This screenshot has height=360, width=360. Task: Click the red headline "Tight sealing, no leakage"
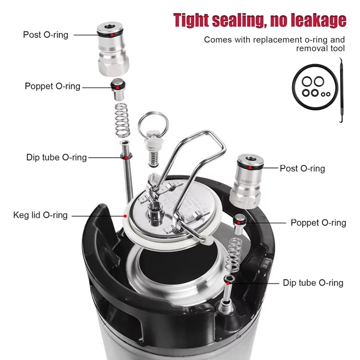coord(260,20)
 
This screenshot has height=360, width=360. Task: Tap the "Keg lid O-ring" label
coord(40,215)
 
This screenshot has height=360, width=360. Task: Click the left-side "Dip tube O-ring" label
coord(57,157)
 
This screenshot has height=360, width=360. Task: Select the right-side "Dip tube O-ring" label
coord(313,283)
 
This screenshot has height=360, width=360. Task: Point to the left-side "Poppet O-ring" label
coord(53,86)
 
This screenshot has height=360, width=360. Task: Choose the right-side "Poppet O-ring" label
coord(319,223)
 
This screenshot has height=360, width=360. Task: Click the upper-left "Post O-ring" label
coord(46,35)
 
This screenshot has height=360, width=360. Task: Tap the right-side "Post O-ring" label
coord(302,168)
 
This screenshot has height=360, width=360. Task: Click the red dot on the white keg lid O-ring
coord(125,216)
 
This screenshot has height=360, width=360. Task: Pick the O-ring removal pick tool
coord(341,90)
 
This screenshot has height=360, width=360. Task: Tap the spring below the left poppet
coord(122,121)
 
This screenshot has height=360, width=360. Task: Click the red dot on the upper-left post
coord(112,35)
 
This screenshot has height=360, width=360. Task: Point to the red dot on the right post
coord(250,168)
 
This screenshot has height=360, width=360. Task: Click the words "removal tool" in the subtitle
coord(320,49)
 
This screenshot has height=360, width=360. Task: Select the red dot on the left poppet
coord(117,87)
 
